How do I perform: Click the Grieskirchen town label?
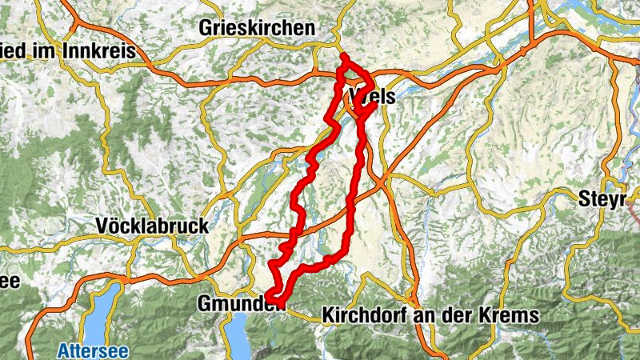pos(257,29)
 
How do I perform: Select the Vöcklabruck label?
pos(151,226)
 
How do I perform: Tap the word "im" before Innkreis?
pos(37,52)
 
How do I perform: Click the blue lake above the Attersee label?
pos(96,320)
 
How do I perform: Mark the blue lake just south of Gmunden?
pos(241,336)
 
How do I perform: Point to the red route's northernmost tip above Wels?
pos(343,56)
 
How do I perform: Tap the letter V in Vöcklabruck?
pos(101,226)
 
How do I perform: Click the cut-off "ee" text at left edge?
pos(9,281)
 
